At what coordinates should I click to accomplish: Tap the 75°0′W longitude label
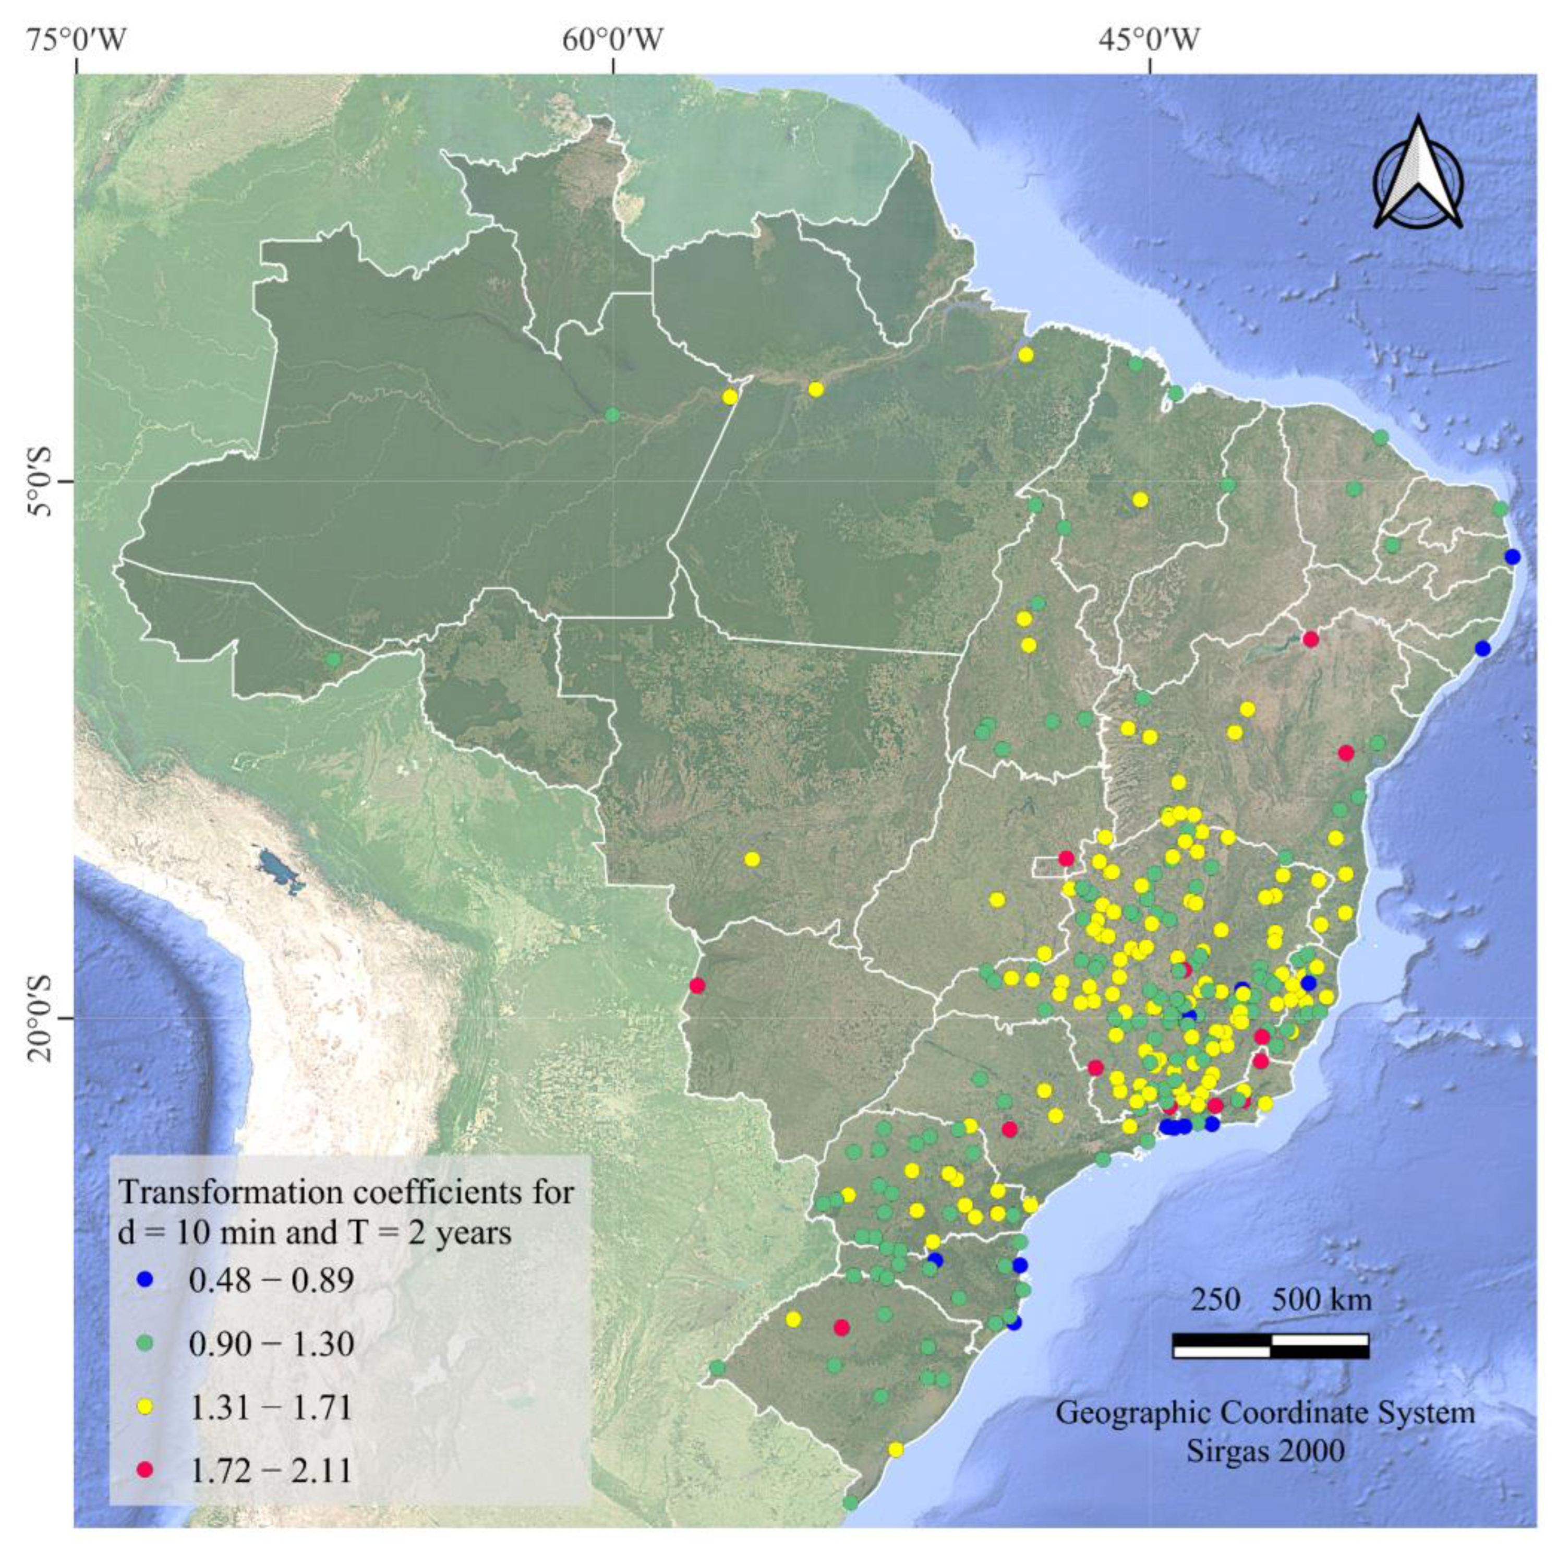click(x=77, y=38)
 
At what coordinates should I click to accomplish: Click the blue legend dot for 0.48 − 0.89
click(x=145, y=1280)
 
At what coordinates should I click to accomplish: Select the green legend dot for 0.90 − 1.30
click(x=145, y=1343)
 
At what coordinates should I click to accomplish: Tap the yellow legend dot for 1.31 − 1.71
click(x=145, y=1407)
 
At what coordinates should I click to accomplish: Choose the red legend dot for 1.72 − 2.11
click(x=145, y=1471)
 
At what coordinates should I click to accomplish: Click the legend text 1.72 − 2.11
click(x=271, y=1471)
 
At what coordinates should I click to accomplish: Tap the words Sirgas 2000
click(x=1265, y=1451)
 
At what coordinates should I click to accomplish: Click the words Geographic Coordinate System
click(x=1265, y=1414)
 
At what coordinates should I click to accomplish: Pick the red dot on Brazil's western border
click(x=697, y=985)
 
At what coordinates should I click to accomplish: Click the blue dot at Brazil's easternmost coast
click(x=1512, y=557)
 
